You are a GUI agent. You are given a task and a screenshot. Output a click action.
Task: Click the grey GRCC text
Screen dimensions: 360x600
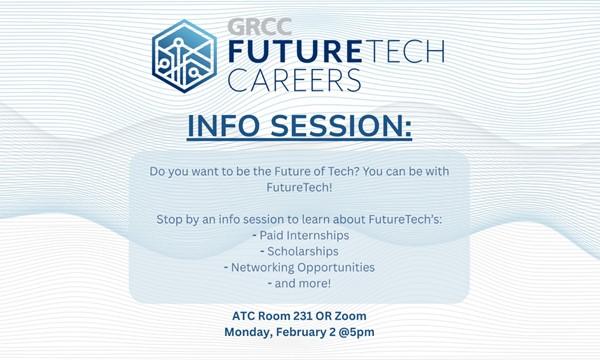(254, 27)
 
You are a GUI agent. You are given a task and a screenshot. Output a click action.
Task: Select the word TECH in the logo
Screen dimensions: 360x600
(400, 52)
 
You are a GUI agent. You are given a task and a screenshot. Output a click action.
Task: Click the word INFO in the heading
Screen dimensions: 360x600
(227, 130)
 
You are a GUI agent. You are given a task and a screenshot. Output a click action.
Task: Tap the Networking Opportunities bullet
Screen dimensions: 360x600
(299, 267)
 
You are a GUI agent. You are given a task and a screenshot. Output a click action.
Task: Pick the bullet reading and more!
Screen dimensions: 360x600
(299, 285)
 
